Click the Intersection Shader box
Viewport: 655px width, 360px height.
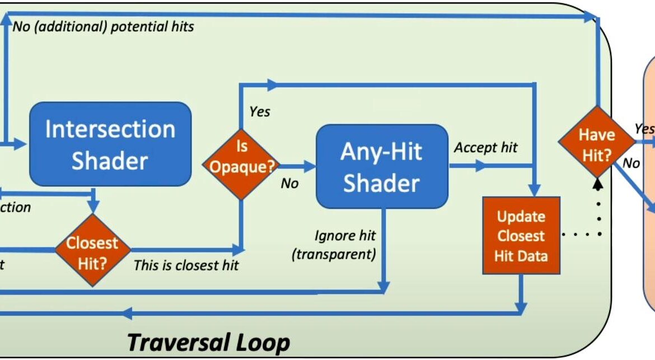coord(110,144)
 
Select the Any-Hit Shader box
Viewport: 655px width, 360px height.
coord(382,166)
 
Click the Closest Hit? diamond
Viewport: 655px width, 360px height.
coord(92,250)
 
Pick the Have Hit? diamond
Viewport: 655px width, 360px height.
coord(597,144)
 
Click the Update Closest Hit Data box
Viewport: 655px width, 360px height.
coord(521,236)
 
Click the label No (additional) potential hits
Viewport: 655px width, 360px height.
coord(104,26)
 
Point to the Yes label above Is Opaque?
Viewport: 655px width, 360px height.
coord(259,112)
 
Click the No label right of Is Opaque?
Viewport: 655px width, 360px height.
coord(289,183)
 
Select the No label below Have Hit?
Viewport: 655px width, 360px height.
coord(631,163)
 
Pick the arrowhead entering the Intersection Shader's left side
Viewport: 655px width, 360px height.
coord(22,145)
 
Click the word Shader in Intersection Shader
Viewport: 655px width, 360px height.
coord(110,161)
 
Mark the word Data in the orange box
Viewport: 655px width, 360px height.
coord(534,256)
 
